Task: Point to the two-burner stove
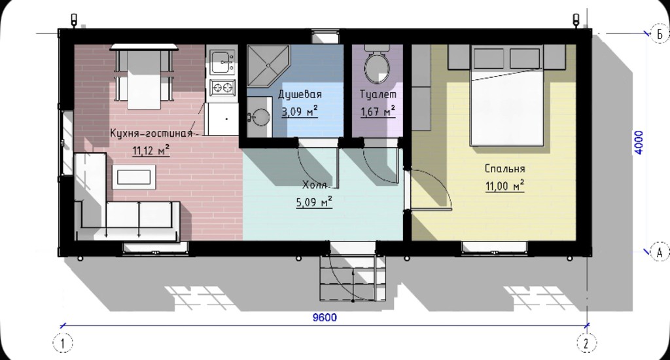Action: tap(222, 88)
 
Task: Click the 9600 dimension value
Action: tap(325, 317)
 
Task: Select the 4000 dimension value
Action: tap(639, 143)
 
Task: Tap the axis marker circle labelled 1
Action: tap(63, 343)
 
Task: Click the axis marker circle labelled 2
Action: tap(586, 343)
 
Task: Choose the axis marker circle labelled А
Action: tap(660, 252)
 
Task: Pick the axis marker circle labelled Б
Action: tap(660, 33)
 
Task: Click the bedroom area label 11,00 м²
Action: tap(504, 186)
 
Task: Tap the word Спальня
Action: tap(504, 168)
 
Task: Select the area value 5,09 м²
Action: tap(314, 202)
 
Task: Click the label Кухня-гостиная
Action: tap(151, 134)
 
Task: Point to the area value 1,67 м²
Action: tap(378, 111)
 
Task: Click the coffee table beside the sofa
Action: tap(133, 177)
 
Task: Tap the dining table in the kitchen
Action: tap(144, 76)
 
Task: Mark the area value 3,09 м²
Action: tap(300, 111)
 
